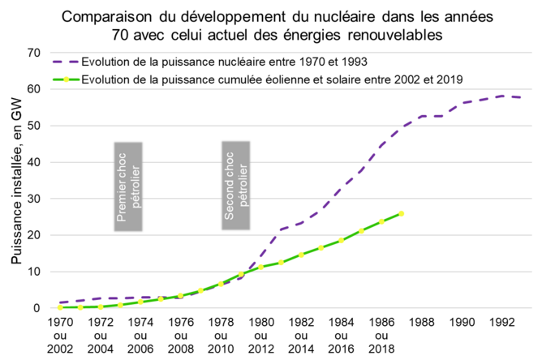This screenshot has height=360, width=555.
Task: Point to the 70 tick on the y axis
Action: tap(32, 53)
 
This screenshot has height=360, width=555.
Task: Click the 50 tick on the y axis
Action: tap(32, 126)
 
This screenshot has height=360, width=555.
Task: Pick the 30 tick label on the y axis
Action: tap(32, 199)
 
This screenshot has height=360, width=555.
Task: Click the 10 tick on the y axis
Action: tap(32, 272)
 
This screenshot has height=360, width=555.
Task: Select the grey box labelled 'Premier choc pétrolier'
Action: tap(128, 187)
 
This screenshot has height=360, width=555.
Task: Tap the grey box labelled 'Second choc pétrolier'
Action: tap(236, 186)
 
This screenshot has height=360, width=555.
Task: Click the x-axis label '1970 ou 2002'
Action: tap(61, 335)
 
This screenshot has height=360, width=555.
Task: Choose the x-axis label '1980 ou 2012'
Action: tap(260, 335)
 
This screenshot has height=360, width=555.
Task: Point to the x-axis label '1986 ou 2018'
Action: tap(381, 335)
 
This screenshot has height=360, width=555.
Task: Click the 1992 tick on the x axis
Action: tap(501, 323)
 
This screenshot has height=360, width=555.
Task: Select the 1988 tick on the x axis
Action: tap(421, 323)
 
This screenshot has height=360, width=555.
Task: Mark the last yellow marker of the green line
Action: tap(401, 214)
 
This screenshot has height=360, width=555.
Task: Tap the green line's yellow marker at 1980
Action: tap(260, 267)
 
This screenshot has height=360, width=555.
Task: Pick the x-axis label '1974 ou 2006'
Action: tap(140, 335)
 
